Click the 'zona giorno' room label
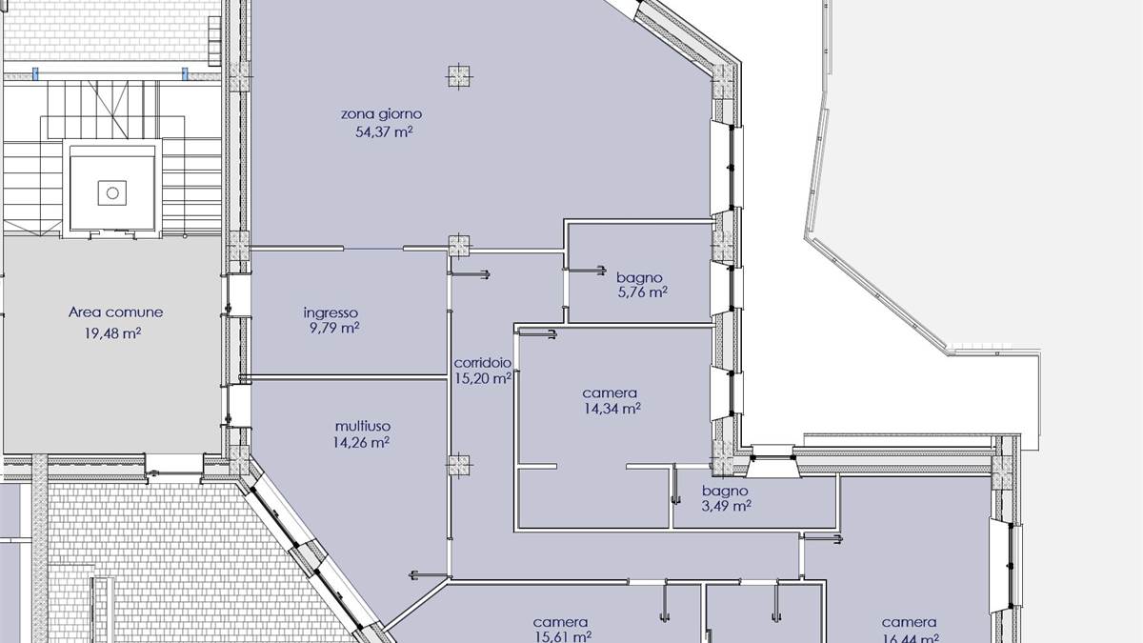click(x=381, y=114)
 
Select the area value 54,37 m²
click(x=383, y=133)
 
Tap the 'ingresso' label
click(x=331, y=312)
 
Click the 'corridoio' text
click(x=483, y=363)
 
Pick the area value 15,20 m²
click(x=482, y=378)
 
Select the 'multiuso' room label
click(x=362, y=426)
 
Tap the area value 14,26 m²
click(x=361, y=442)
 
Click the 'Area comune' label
click(x=115, y=312)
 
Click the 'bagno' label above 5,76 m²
click(x=638, y=278)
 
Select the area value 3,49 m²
click(x=726, y=506)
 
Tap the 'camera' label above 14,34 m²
click(x=610, y=392)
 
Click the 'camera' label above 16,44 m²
click(x=909, y=623)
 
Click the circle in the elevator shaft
click(x=112, y=193)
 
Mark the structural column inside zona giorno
click(x=460, y=74)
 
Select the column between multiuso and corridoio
click(x=460, y=465)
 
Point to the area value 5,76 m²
click(x=641, y=293)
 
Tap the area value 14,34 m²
click(x=612, y=410)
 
